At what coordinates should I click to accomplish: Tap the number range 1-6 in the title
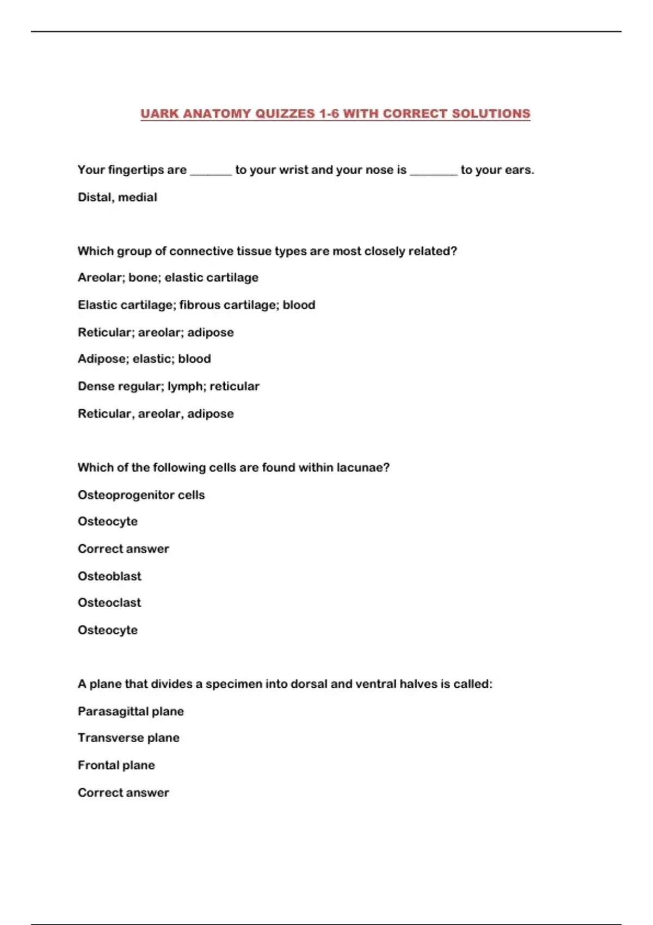tap(329, 114)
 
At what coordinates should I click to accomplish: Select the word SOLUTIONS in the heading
tap(491, 114)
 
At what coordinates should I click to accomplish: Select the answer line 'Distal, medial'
tap(118, 197)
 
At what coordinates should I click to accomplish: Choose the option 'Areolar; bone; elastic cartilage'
tap(168, 277)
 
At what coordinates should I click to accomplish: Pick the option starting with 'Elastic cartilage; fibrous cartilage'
tap(196, 305)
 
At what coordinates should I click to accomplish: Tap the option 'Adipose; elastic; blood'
tap(144, 359)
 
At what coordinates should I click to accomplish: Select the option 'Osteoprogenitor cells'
tap(141, 495)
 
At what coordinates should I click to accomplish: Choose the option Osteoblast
tap(109, 576)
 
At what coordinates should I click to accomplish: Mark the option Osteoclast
tap(109, 602)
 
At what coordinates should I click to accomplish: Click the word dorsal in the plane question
tap(309, 684)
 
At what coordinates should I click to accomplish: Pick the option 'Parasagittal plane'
tap(131, 711)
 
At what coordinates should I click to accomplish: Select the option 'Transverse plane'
tap(128, 738)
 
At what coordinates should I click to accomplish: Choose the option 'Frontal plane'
tap(116, 765)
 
